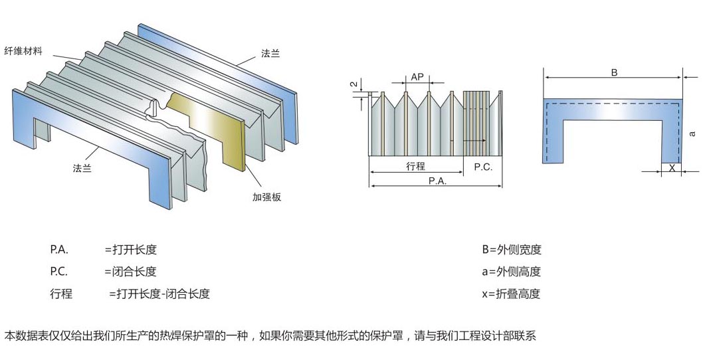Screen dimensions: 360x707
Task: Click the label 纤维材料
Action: pos(23,51)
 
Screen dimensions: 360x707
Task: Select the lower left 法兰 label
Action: pos(82,168)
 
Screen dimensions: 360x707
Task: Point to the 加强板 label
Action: pos(266,197)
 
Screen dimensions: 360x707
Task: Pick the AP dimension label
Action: pos(417,77)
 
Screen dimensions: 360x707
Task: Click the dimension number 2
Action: pos(353,84)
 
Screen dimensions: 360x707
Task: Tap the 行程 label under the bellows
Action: pos(415,167)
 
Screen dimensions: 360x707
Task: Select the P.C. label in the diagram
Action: pos(483,167)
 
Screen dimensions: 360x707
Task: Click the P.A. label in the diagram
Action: pos(437,181)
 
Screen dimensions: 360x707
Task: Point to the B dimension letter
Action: pos(614,72)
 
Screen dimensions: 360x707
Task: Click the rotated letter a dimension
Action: pos(693,134)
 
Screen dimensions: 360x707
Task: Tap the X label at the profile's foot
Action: pos(672,169)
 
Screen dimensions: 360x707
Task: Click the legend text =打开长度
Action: pos(131,250)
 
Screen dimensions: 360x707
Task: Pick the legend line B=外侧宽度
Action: pos(512,250)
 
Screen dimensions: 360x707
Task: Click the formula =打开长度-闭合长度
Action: pos(159,294)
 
